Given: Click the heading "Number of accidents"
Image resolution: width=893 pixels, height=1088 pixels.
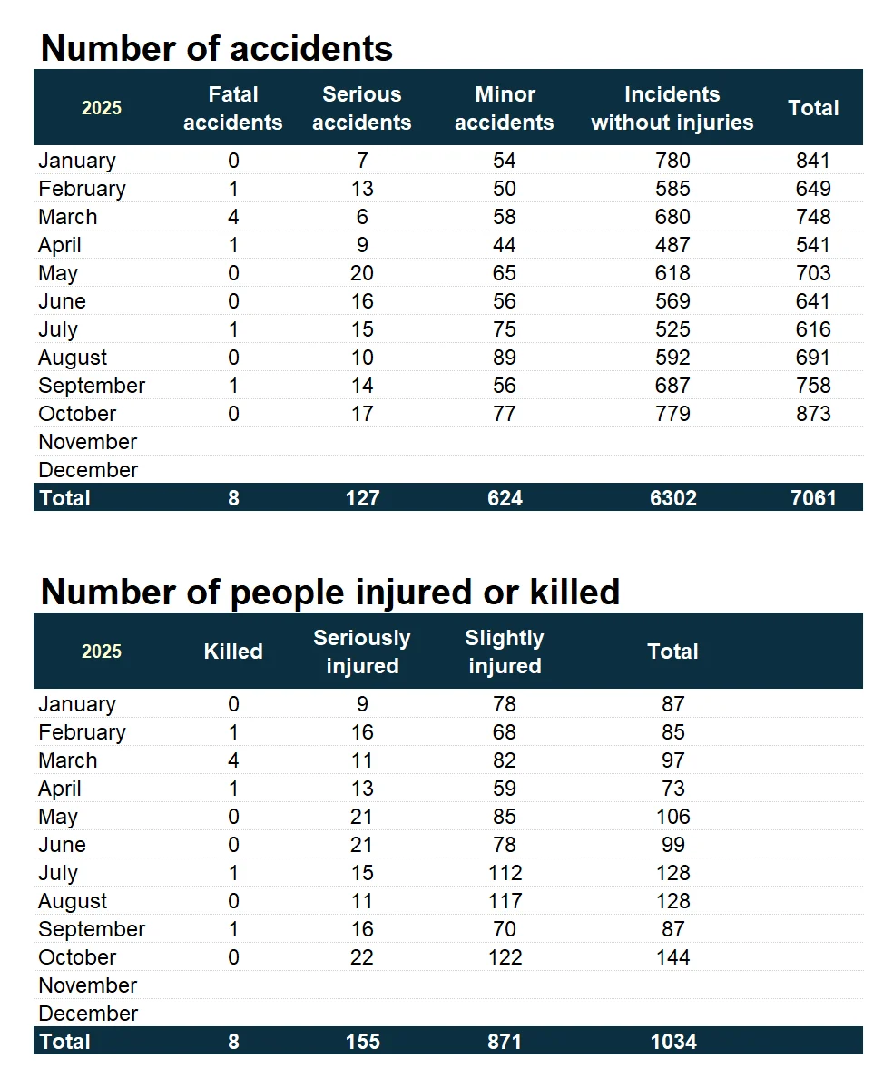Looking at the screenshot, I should [217, 48].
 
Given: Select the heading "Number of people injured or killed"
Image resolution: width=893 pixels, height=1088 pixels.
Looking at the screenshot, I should [330, 592].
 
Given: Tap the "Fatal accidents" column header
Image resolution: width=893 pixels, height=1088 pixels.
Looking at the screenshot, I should [233, 108].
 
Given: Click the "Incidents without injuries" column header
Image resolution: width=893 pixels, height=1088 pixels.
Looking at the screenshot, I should [672, 108].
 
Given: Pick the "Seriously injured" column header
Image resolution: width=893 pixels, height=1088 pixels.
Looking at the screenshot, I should [362, 652].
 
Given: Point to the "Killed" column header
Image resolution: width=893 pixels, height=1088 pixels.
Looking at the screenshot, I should [233, 652].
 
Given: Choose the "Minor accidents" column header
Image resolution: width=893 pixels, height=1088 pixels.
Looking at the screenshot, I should [505, 108].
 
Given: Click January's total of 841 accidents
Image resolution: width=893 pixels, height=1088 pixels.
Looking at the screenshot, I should [813, 161].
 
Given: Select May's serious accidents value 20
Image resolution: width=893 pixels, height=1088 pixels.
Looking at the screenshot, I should [362, 273].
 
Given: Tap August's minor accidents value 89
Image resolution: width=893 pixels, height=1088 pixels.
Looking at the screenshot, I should [505, 358].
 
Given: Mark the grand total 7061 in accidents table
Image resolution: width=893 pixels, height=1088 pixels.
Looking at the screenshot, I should [813, 497].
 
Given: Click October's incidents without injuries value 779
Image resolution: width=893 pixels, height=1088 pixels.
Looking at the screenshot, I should [672, 414].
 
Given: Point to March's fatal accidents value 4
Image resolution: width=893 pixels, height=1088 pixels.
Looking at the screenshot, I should [233, 217].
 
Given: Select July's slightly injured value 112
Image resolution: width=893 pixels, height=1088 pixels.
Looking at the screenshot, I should [505, 873].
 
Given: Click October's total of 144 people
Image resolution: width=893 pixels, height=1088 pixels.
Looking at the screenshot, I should [672, 957].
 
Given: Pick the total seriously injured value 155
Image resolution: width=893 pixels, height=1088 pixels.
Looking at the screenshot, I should [362, 1041].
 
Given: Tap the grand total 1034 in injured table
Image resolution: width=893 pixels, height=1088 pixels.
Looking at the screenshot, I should [672, 1041].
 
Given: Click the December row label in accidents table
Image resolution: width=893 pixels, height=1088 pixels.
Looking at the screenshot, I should [88, 470].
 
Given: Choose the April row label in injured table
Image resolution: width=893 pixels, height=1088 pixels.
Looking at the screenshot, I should [60, 789].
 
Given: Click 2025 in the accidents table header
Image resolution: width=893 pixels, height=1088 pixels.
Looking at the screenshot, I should [102, 108].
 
